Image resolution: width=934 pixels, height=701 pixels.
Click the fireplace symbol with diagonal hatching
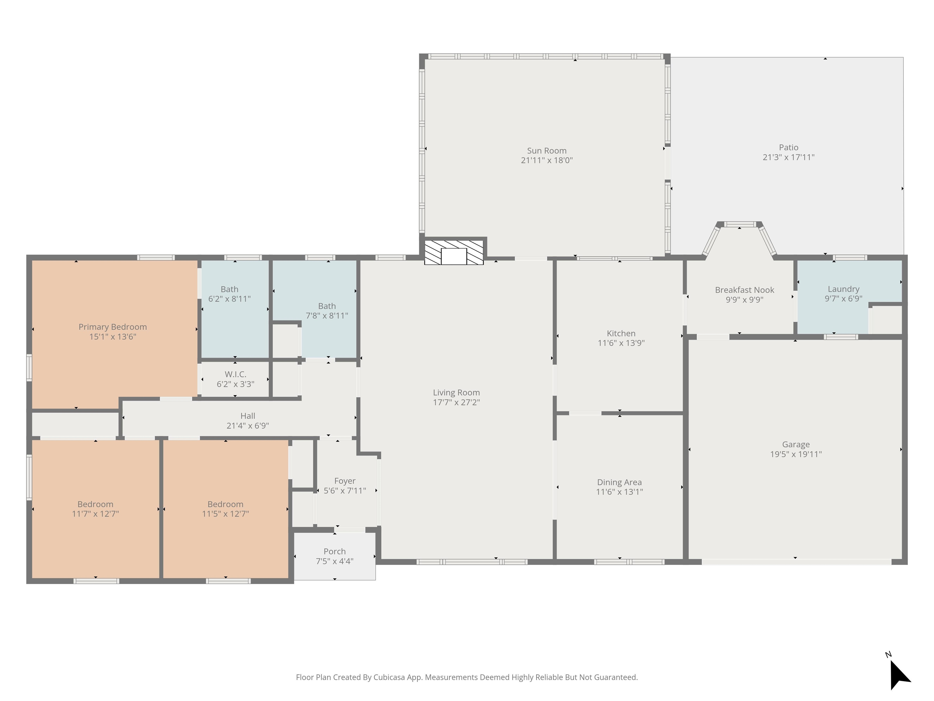point(454,253)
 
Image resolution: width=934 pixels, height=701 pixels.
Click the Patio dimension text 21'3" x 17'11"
point(788,157)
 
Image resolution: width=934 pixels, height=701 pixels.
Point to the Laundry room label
point(843,289)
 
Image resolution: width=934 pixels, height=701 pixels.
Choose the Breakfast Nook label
point(744,290)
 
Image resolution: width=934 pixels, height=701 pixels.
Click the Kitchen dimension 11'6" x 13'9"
point(621,343)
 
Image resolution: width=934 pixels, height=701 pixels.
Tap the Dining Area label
point(619,482)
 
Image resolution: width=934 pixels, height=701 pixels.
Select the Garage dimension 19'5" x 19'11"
point(796,454)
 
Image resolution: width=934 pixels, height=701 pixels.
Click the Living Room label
point(456,392)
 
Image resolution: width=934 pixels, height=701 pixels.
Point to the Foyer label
point(345,481)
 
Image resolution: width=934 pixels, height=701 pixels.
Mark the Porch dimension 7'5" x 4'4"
point(335,561)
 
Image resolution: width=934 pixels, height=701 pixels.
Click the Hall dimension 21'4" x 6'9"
point(248,426)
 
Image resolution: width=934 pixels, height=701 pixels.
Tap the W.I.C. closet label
point(236,374)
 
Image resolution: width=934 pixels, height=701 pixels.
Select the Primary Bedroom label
point(113,327)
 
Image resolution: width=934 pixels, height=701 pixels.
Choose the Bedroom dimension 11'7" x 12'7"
point(95,514)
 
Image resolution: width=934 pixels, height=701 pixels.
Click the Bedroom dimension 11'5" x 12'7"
point(226,514)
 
